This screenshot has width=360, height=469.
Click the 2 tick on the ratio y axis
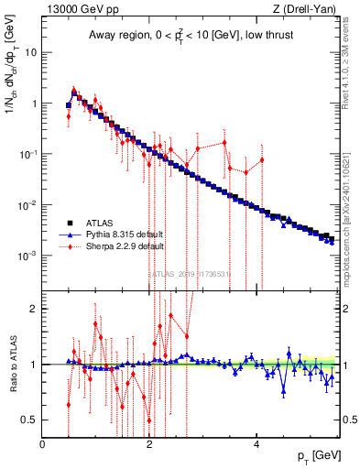[x=35, y=309]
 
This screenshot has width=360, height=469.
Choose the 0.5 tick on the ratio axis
[x=31, y=420]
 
